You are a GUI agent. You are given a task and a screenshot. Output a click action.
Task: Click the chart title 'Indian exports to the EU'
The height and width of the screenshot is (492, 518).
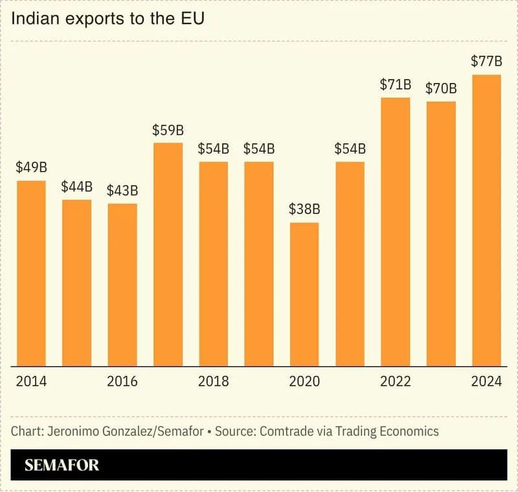108,19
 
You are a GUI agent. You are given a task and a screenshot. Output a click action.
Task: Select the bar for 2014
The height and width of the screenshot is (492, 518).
31,273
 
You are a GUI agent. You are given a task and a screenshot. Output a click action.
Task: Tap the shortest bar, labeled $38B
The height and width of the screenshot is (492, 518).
304,294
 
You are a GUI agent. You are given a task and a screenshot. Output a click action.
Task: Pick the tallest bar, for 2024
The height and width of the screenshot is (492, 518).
486,220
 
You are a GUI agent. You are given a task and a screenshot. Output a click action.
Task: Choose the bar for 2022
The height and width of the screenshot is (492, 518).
395,231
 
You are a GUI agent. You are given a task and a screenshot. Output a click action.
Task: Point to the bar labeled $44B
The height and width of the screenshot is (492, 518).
77,283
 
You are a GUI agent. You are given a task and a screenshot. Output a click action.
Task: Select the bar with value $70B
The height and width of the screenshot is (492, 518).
441,233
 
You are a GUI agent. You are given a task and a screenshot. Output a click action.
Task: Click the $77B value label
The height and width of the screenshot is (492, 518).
486,62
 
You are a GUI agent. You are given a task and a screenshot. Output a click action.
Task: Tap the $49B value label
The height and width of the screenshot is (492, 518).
31,167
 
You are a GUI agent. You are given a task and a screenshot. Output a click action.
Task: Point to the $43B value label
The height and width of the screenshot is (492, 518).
122,191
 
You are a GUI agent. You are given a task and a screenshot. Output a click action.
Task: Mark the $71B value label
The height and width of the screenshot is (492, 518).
395,84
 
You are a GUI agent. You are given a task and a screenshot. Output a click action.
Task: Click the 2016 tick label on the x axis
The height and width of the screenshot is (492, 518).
122,381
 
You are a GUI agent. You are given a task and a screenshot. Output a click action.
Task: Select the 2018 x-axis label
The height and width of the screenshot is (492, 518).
213,381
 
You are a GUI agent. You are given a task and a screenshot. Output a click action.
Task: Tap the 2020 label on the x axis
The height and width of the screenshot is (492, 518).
304,381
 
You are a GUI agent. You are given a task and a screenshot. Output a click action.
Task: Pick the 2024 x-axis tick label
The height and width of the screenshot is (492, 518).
486,381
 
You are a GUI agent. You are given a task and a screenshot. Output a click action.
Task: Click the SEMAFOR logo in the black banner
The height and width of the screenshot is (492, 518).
62,465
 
